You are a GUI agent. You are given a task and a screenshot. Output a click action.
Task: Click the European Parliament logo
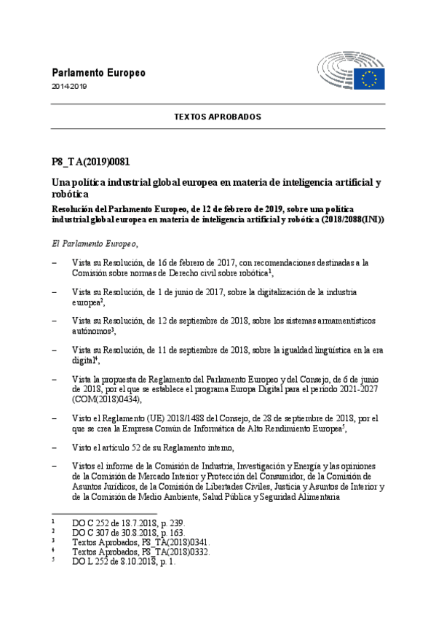pos(350,70)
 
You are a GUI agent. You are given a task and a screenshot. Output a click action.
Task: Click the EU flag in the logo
pos(370,78)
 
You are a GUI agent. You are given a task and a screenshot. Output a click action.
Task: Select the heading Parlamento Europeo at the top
pos(98,73)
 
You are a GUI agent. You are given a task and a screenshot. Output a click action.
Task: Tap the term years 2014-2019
pos(69,87)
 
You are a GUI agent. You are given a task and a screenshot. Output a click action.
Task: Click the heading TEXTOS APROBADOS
pos(217,117)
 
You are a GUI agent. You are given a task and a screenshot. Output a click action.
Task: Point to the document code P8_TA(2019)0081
pos(90,162)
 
